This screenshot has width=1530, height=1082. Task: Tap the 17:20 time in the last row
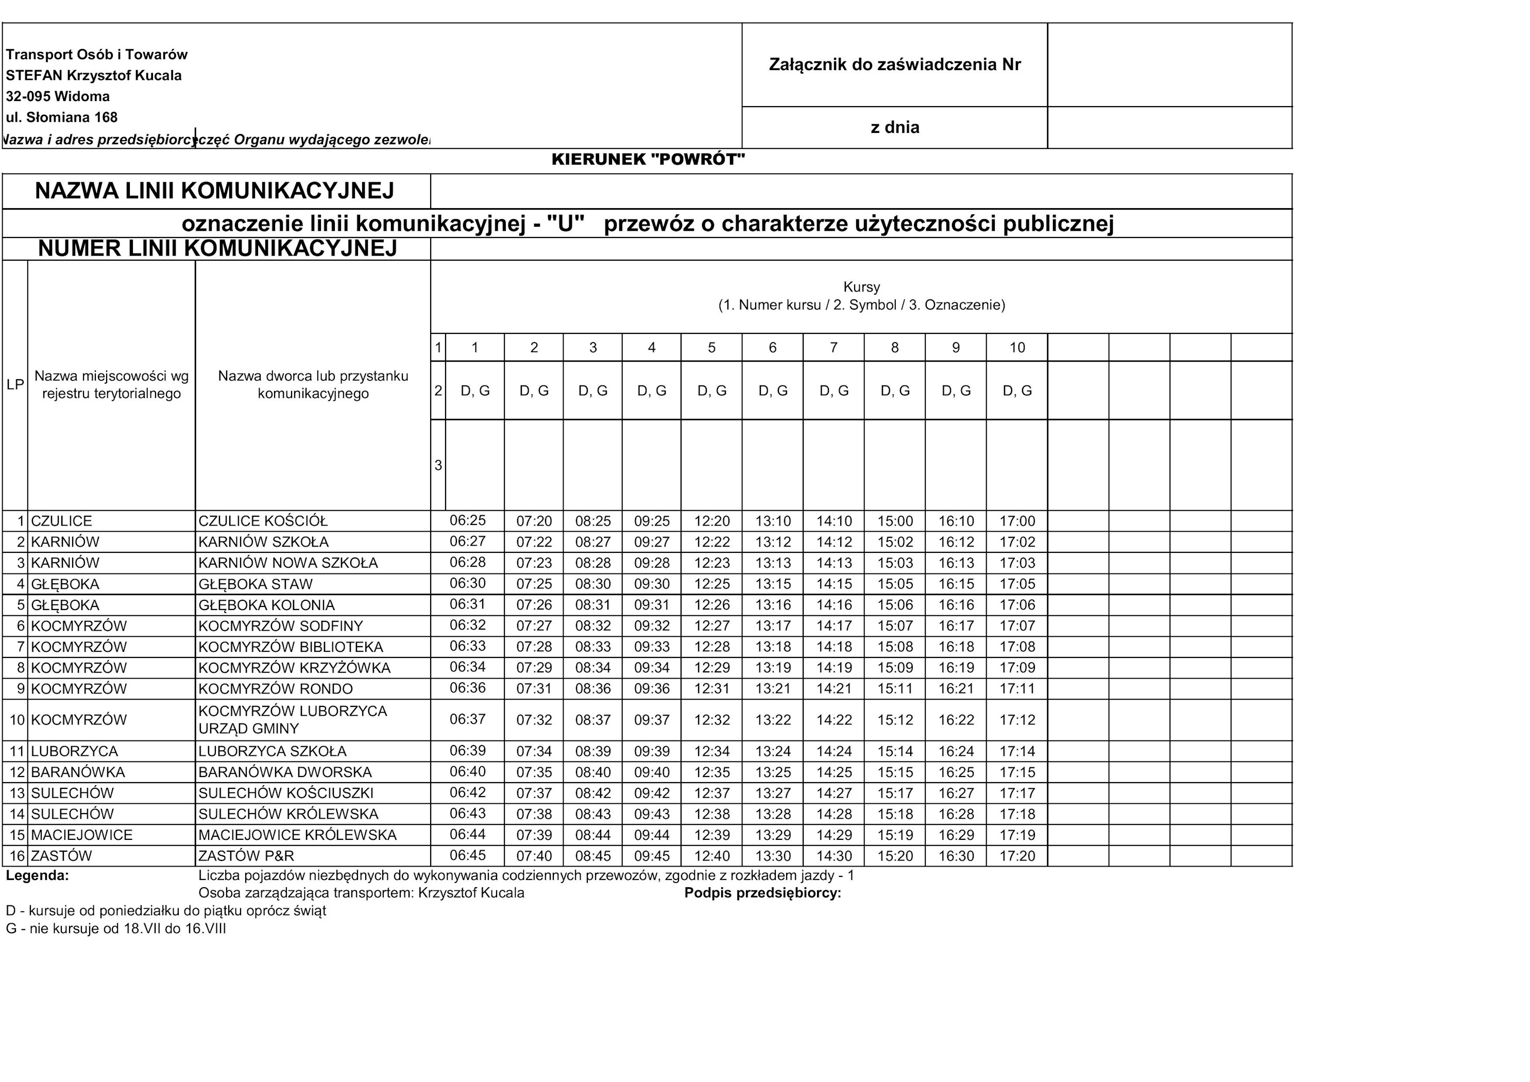tap(1017, 855)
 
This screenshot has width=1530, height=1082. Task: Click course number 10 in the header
tap(1017, 347)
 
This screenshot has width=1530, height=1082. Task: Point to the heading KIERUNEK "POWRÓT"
tap(648, 159)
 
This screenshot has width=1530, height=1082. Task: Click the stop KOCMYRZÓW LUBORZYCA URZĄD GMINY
tap(293, 719)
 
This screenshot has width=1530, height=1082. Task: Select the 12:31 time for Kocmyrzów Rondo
tap(712, 689)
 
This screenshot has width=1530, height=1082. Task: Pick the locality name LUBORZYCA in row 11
tap(75, 751)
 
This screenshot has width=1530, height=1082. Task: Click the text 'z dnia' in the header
tap(894, 127)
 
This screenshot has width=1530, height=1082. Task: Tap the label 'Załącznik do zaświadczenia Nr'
tap(894, 65)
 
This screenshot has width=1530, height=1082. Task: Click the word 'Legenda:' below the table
tap(37, 875)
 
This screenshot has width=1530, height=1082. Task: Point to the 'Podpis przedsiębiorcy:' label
tap(762, 893)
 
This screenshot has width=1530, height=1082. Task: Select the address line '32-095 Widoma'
tap(58, 96)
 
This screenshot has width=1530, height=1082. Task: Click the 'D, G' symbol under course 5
tap(712, 391)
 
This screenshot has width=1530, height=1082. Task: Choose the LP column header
tap(14, 385)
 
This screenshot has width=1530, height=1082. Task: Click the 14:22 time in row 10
tap(833, 720)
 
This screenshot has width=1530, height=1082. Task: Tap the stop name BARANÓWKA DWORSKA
tap(285, 772)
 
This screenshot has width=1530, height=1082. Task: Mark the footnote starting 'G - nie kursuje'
tap(116, 928)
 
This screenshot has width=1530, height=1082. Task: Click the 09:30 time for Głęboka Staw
tap(652, 584)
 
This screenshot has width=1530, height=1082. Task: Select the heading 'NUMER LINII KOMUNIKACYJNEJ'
tap(217, 249)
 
